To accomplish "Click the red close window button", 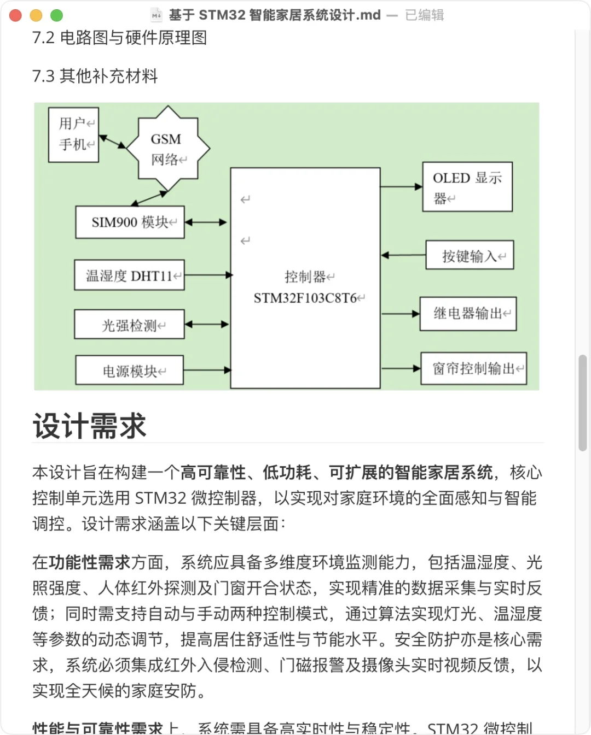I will click(15, 15).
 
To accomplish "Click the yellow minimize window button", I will click(36, 15).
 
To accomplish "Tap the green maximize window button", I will click(57, 15).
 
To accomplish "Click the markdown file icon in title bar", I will click(157, 15).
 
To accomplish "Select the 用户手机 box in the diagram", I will click(74, 134).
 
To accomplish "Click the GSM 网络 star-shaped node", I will click(167, 149).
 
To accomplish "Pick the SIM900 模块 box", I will click(130, 222).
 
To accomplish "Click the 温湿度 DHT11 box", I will click(130, 275).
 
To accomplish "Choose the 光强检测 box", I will click(130, 325).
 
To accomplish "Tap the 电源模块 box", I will click(130, 371).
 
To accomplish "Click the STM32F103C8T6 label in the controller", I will click(305, 298).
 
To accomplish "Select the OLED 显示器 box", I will click(467, 187).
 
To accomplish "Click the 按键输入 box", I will click(470, 256).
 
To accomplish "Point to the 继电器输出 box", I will click(468, 314).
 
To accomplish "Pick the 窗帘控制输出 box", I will click(473, 369).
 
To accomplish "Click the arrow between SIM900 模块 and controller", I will click(206, 222).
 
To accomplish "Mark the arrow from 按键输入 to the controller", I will click(403, 255).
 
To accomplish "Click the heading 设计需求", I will click(90, 426).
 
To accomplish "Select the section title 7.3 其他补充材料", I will click(95, 76).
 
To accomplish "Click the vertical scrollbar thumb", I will click(582, 403).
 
